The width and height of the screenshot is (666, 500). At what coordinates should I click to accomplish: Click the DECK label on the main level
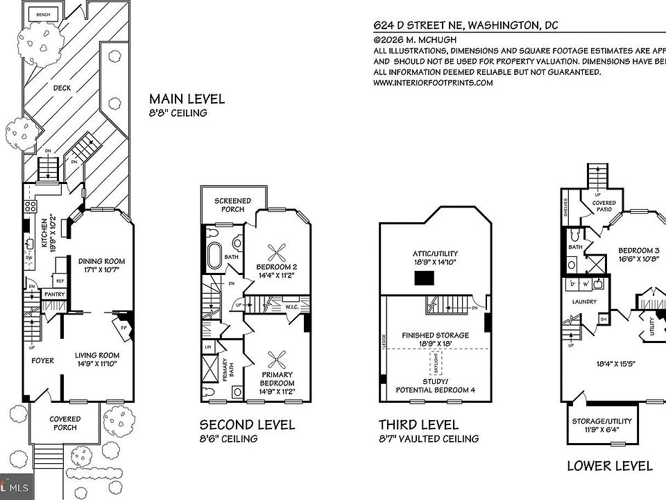[x=62, y=88]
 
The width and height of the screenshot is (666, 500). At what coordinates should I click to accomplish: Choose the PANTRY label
[x=55, y=294]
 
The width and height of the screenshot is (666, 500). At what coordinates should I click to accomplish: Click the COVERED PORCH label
[x=65, y=423]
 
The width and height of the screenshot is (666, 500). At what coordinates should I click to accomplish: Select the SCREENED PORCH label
[x=232, y=206]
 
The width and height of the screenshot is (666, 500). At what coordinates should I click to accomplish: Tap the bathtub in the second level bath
[x=213, y=256]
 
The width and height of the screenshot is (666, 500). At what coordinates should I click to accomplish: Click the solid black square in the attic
[x=425, y=278]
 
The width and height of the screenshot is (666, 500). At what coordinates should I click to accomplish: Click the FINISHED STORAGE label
[x=435, y=339]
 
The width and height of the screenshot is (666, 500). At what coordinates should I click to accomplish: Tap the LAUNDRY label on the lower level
[x=579, y=302]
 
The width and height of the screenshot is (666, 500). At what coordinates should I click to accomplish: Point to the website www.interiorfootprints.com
[x=433, y=82]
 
